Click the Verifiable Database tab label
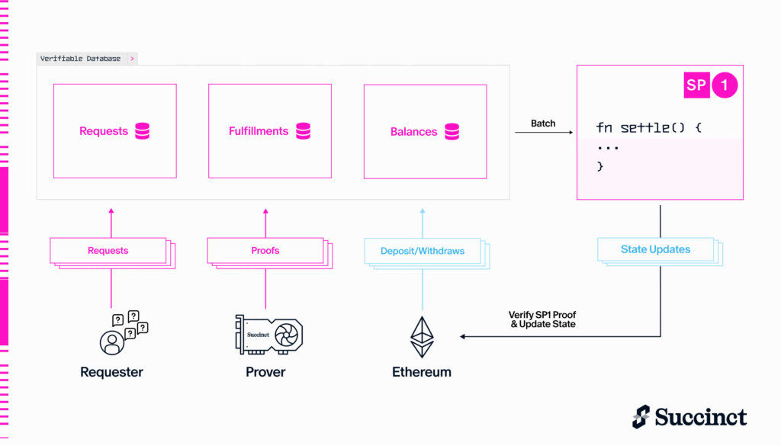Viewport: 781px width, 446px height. pos(80,59)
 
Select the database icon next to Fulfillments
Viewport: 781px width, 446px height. pos(304,131)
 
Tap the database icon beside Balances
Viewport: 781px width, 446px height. pos(452,131)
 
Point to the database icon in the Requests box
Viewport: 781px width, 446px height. pos(143,131)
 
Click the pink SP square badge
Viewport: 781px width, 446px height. pos(696,85)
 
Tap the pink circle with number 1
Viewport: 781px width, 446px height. pos(725,85)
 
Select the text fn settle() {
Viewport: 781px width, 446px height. pos(648,128)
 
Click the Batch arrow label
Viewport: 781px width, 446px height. pos(543,124)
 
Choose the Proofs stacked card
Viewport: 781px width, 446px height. pos(270,253)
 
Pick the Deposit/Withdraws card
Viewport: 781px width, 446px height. pos(427,254)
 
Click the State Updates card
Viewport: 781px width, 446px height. pos(660,252)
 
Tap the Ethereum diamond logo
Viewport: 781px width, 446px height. pos(422,337)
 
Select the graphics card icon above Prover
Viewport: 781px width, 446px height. pos(269,335)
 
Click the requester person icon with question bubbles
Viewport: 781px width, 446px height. pos(124,332)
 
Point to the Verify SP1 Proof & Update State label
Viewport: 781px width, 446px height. pos(542,319)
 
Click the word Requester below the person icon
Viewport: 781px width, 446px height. pos(111,372)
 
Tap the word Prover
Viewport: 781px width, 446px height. pos(265,372)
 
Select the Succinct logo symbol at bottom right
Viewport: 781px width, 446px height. pos(641,416)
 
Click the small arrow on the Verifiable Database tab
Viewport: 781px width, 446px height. pos(132,59)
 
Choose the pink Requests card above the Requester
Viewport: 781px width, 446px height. pos(113,253)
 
